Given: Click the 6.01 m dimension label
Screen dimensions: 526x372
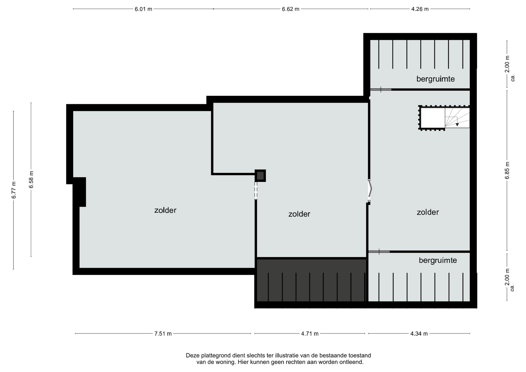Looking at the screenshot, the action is click(143, 9).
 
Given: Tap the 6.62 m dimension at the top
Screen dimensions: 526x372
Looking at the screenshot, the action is click(291, 9).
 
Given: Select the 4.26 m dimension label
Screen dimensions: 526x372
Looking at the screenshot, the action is click(420, 9).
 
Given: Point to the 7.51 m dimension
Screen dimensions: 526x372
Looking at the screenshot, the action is click(163, 334).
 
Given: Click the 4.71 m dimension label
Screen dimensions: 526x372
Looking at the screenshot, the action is click(310, 334).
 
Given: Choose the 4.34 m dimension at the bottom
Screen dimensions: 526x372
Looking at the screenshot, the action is click(419, 334).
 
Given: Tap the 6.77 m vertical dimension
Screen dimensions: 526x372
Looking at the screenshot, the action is click(14, 190).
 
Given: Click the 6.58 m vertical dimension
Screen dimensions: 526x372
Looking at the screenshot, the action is click(31, 179).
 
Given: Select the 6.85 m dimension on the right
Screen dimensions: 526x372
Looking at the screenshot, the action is click(507, 170).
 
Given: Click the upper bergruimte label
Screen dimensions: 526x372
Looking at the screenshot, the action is click(435, 79).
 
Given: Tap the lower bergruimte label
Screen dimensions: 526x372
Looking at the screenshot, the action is click(438, 260).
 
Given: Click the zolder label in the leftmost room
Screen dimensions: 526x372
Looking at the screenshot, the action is click(165, 210).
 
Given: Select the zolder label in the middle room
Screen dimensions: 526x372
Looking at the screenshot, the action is click(299, 214).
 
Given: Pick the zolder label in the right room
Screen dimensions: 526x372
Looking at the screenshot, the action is click(428, 212).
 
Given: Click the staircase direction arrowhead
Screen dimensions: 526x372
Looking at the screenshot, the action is click(457, 125).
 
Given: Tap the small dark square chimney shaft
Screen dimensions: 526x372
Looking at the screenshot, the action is click(260, 176).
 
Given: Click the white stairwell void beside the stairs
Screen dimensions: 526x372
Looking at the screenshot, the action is click(433, 118).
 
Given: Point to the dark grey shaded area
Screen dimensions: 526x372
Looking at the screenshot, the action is click(311, 280).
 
